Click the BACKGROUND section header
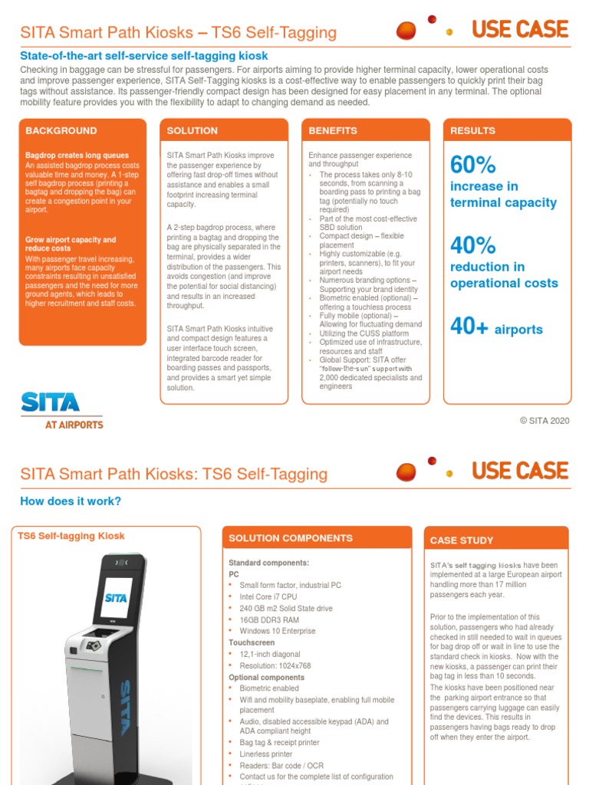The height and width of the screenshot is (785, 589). point(61,131)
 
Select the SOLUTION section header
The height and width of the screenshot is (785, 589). point(192,131)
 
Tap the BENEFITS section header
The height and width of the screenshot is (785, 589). point(333,131)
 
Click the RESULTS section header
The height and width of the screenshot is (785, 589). point(472,131)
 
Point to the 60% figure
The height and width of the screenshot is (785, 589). point(472,165)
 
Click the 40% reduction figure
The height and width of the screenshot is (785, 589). point(472,245)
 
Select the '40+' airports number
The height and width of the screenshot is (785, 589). point(469,327)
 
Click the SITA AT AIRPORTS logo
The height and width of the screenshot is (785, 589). point(61,410)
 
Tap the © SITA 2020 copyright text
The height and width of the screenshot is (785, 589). point(545,420)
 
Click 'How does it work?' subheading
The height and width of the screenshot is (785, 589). point(70,501)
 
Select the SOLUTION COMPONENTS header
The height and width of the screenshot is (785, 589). point(291,538)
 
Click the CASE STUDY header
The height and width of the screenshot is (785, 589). point(462,540)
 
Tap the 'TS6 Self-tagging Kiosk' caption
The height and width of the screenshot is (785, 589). point(71,536)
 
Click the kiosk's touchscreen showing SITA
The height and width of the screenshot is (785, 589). point(116,597)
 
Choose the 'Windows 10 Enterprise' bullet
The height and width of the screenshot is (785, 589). point(277,631)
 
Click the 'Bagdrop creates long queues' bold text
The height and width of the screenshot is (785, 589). point(77,156)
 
